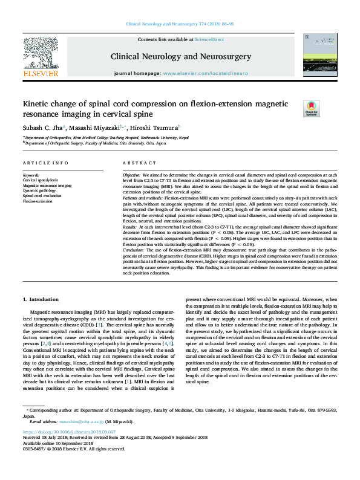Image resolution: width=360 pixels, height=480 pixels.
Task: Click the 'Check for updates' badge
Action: coord(311,109)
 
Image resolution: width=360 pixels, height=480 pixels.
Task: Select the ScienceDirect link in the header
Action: coord(209,39)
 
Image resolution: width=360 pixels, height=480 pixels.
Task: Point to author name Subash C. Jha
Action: coord(39,128)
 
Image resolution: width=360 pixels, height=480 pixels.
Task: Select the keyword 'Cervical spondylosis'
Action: coord(41,180)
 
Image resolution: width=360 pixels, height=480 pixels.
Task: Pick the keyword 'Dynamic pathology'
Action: coord(39,190)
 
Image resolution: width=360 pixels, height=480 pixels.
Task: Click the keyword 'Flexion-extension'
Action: coord(38,201)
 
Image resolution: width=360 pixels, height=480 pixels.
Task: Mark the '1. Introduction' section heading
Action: coord(41,283)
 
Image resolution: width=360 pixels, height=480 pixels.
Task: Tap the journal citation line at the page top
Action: coord(180,24)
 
